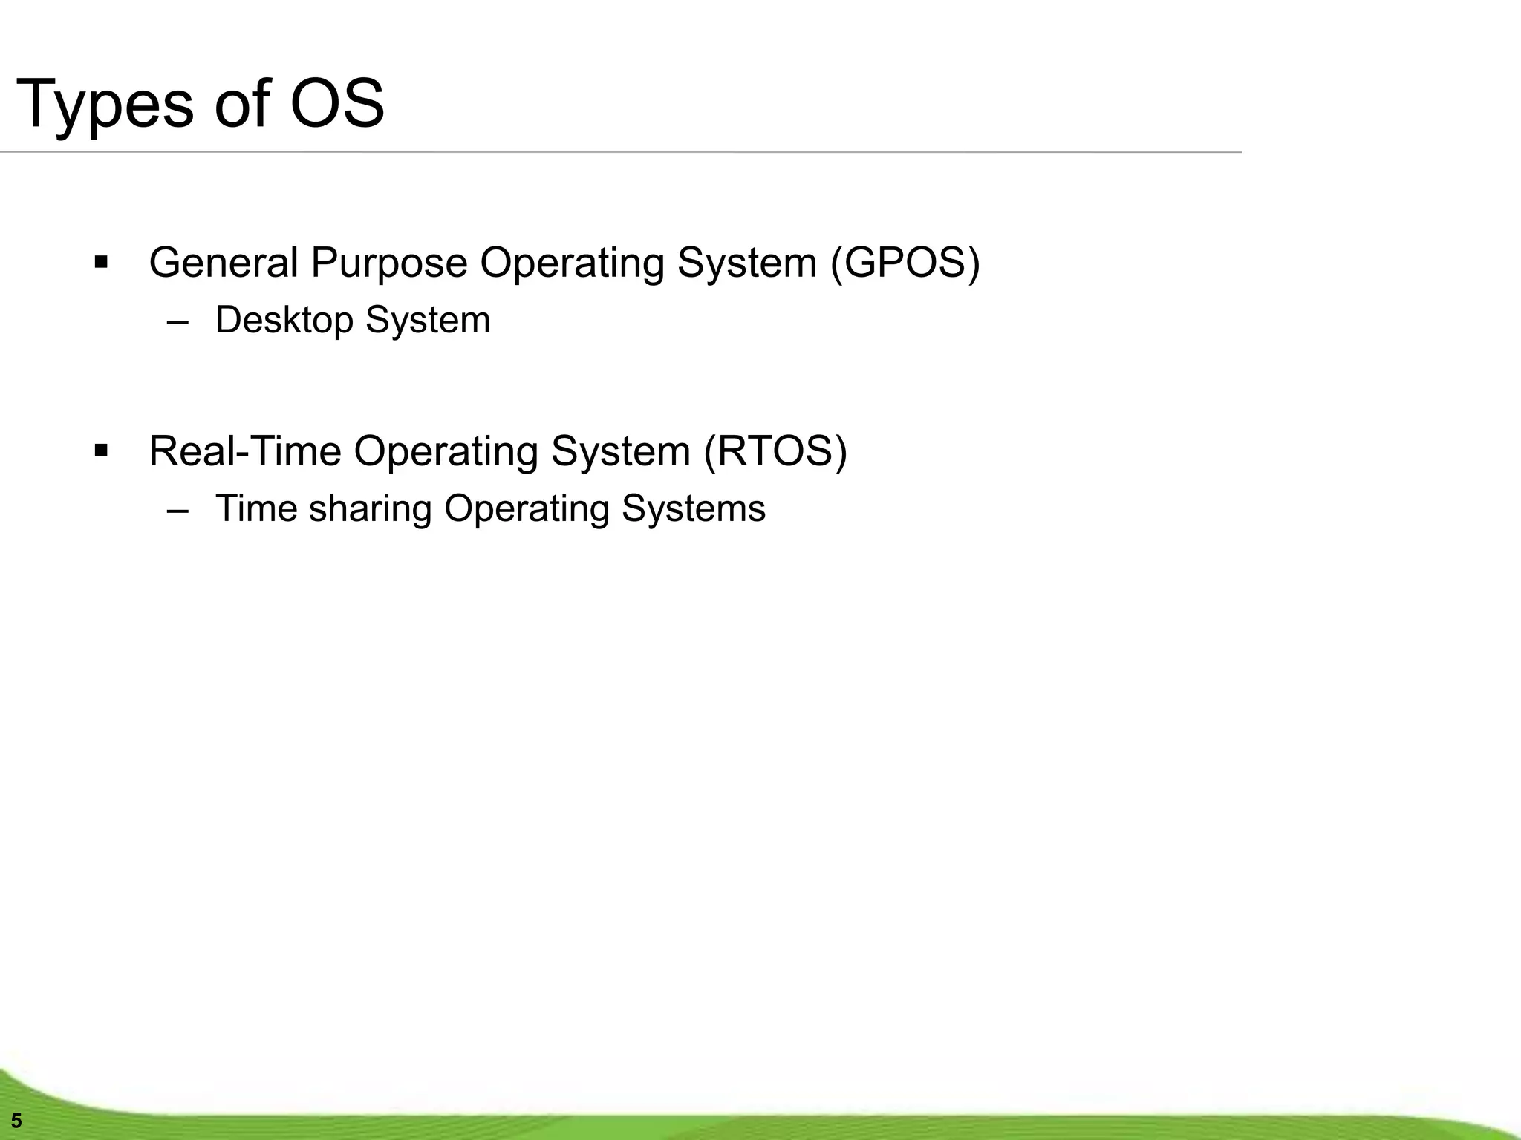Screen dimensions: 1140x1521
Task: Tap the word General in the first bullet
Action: pyautogui.click(x=224, y=263)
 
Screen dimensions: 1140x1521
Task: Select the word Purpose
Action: pyautogui.click(x=388, y=263)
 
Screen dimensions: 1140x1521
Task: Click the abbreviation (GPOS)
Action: pyautogui.click(x=905, y=263)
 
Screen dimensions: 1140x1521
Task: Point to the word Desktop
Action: pyautogui.click(x=284, y=321)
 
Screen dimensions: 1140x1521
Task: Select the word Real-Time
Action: pyautogui.click(x=244, y=451)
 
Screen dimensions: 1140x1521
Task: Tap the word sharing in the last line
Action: pyautogui.click(x=370, y=509)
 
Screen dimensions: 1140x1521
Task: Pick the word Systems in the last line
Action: pyautogui.click(x=693, y=509)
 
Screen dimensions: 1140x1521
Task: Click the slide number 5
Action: pyautogui.click(x=16, y=1121)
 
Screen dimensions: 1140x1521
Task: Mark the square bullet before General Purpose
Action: pyautogui.click(x=102, y=263)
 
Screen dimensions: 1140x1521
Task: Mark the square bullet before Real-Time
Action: pyautogui.click(x=102, y=451)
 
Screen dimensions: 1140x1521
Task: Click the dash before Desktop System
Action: pyautogui.click(x=178, y=322)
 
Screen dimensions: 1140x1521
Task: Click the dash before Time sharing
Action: pyautogui.click(x=178, y=511)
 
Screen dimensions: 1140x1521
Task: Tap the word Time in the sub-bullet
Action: pyautogui.click(x=256, y=509)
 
